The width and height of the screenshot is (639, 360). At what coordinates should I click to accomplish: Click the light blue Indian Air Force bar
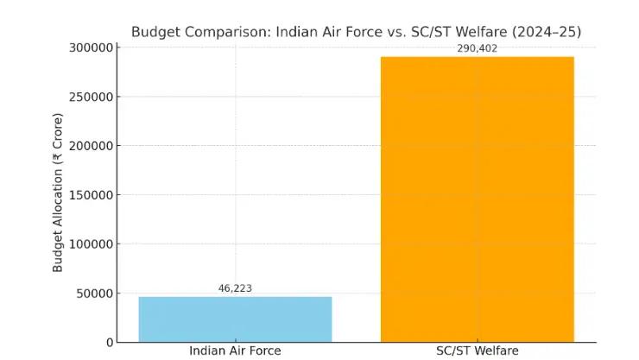tap(235, 319)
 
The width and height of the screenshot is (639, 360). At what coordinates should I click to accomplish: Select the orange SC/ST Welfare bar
tap(477, 199)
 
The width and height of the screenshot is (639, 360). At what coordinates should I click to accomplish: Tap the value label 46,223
tap(235, 288)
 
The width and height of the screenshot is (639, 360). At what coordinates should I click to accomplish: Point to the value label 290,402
tap(477, 48)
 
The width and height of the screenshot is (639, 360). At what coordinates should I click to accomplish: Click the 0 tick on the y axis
tap(110, 342)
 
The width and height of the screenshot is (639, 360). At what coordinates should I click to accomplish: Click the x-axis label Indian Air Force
tap(235, 351)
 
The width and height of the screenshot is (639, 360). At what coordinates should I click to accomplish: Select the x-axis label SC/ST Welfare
tap(477, 351)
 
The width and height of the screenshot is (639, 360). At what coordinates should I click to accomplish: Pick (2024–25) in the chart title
tap(547, 32)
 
